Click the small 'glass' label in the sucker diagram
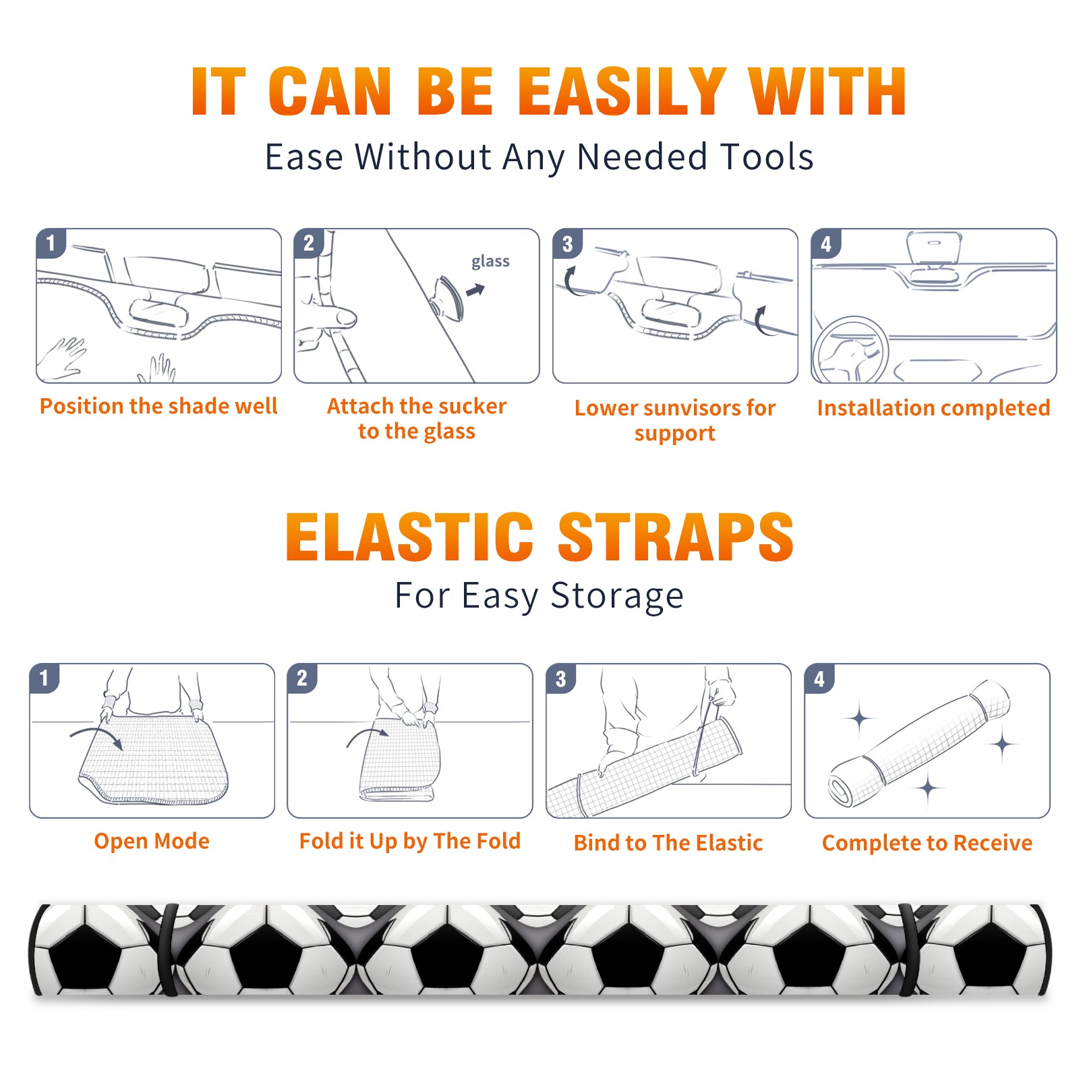tap(490, 262)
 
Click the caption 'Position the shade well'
tap(158, 406)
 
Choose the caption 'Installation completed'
tap(933, 408)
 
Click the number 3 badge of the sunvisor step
tap(567, 244)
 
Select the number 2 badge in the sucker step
tap(309, 243)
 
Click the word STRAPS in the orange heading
tap(676, 537)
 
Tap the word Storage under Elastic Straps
tap(617, 596)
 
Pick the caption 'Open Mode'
tap(152, 841)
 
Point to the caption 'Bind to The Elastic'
tap(668, 843)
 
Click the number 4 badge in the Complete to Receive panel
tap(819, 678)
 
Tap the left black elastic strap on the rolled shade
tap(168, 950)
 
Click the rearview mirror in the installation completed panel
tap(933, 248)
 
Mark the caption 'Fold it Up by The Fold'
tap(410, 841)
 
